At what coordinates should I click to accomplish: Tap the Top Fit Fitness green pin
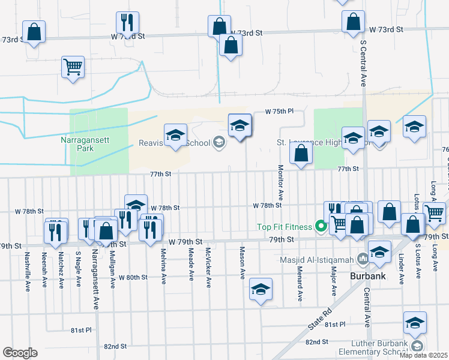tap(321, 227)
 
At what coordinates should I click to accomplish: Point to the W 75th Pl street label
tap(280, 112)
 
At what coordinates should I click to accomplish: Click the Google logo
tap(20, 353)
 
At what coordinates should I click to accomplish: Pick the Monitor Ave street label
tap(280, 182)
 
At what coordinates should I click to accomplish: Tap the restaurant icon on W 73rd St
tap(127, 23)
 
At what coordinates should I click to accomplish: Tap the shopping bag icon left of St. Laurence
tap(301, 154)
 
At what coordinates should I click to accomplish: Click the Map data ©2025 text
tap(423, 355)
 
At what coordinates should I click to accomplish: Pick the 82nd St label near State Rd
tap(316, 341)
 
